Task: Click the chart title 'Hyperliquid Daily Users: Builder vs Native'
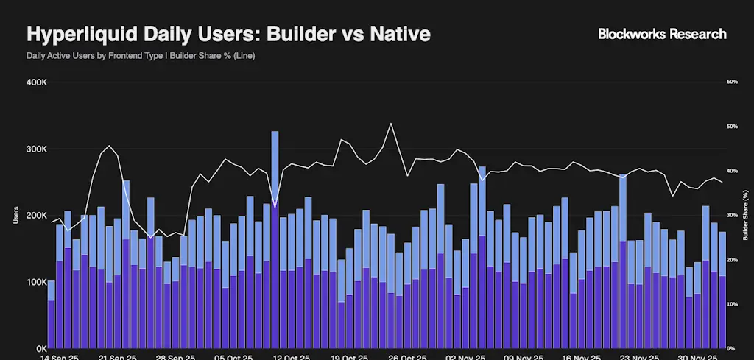(228, 35)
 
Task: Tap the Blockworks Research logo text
(662, 34)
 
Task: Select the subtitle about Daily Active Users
(141, 56)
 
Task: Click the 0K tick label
(41, 348)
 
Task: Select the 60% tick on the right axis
(732, 82)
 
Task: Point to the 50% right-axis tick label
(732, 127)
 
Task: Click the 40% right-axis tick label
(732, 171)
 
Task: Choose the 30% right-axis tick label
(732, 215)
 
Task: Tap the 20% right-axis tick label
(732, 260)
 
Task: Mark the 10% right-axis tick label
(732, 304)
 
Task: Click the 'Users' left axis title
(15, 215)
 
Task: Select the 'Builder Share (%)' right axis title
(745, 215)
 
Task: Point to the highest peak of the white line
(391, 124)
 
